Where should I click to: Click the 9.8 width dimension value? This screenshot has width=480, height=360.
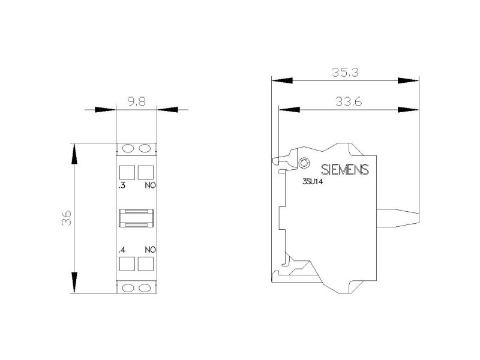[x=137, y=101]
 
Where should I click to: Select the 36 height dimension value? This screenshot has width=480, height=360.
[x=67, y=218]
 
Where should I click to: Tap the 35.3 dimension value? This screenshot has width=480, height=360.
[x=345, y=72]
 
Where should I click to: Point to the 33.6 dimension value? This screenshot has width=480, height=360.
[x=349, y=101]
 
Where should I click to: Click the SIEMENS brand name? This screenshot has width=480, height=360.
[x=345, y=170]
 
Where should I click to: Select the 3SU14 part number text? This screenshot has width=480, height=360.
[x=313, y=182]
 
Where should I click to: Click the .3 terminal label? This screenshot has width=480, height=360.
[x=122, y=185]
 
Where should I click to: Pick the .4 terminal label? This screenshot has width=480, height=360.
[x=122, y=250]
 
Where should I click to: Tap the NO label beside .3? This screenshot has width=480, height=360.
[x=151, y=185]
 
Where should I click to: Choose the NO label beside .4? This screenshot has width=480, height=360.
[x=151, y=250]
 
